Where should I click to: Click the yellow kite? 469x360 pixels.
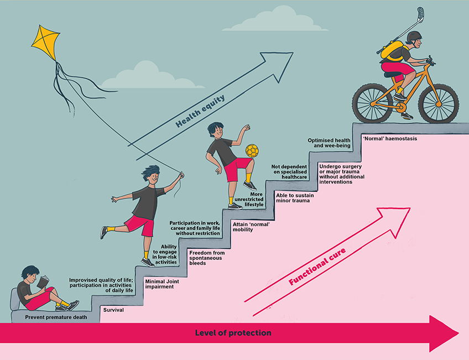click(45, 43)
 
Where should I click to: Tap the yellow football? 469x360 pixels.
click(252, 151)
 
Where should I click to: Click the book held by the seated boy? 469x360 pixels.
click(43, 281)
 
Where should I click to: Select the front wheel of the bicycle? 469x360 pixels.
click(438, 103)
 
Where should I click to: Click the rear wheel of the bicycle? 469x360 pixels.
click(372, 103)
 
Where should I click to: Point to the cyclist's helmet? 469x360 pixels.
click(414, 36)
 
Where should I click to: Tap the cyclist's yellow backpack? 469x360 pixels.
click(392, 51)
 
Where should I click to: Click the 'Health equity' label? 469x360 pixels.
click(200, 111)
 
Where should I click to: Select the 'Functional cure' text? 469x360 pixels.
click(317, 267)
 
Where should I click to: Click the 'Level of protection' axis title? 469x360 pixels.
click(233, 333)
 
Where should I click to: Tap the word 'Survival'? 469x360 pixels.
click(113, 310)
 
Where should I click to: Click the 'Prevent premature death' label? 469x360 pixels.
click(56, 317)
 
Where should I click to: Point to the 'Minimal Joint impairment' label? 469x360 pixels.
click(162, 284)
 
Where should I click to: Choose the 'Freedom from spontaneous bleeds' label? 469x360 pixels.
click(207, 258)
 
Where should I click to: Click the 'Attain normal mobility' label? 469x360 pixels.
click(251, 227)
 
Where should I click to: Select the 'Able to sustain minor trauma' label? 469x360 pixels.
click(295, 198)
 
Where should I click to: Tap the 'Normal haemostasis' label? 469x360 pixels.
click(390, 138)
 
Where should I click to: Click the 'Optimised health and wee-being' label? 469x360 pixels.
click(329, 143)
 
